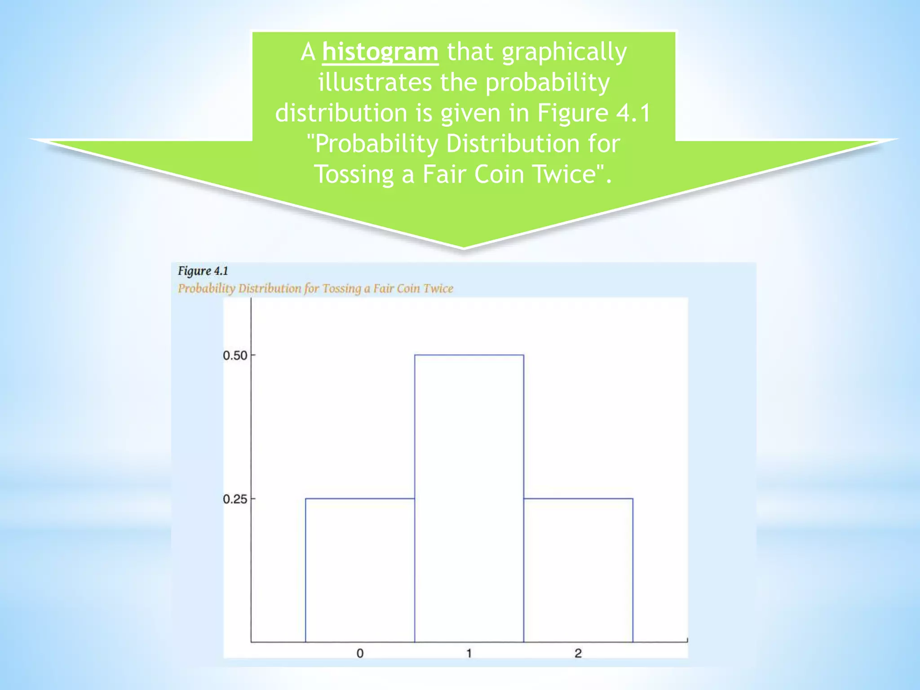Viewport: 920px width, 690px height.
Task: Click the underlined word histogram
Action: pyautogui.click(x=380, y=52)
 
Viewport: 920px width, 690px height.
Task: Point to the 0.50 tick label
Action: pyautogui.click(x=235, y=356)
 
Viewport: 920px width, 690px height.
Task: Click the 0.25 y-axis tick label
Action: pyautogui.click(x=235, y=499)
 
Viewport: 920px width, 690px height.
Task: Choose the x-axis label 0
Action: pyautogui.click(x=360, y=653)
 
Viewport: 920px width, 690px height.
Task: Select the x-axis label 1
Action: pyautogui.click(x=469, y=653)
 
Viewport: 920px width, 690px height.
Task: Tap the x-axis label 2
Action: pyautogui.click(x=578, y=653)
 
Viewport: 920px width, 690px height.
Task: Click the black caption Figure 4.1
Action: pyautogui.click(x=203, y=271)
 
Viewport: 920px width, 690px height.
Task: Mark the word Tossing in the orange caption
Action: pyautogui.click(x=342, y=289)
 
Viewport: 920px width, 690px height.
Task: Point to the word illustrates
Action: pyautogui.click(x=375, y=83)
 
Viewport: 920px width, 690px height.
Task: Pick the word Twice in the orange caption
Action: pyautogui.click(x=438, y=288)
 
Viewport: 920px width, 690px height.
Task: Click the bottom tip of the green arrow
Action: pyautogui.click(x=464, y=247)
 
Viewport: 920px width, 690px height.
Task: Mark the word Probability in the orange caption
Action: pyautogui.click(x=206, y=289)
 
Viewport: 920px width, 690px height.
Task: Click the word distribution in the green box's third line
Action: pyautogui.click(x=341, y=112)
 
